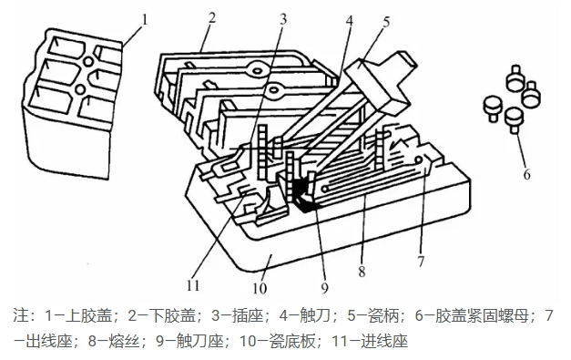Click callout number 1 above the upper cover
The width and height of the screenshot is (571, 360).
(x=145, y=20)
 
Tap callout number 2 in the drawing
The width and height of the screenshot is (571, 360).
(x=212, y=17)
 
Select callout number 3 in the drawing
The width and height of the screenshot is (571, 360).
(x=283, y=20)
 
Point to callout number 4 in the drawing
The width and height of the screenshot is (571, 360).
(x=349, y=21)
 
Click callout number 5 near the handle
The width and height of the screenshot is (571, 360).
(x=386, y=22)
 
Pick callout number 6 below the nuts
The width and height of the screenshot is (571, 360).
(x=526, y=175)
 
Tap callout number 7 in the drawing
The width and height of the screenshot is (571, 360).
(x=421, y=262)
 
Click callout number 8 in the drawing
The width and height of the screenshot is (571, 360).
(x=362, y=272)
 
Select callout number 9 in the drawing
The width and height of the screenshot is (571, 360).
(x=324, y=288)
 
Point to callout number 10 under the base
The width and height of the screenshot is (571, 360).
(x=260, y=289)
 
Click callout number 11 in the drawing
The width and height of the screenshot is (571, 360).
(x=193, y=285)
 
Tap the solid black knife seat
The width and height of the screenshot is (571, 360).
(x=303, y=195)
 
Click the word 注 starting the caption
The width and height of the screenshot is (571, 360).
(x=21, y=315)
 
